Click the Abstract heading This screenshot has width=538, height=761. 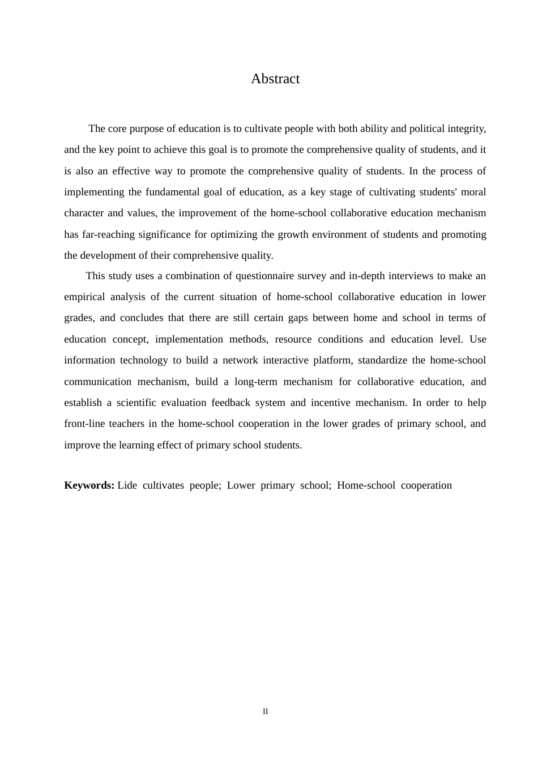pyautogui.click(x=275, y=79)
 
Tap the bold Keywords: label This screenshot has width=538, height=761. pyautogui.click(x=89, y=485)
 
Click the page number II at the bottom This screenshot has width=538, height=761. pyautogui.click(x=265, y=712)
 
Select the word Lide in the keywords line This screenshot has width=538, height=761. pyautogui.click(x=127, y=485)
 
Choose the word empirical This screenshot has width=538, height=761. pyautogui.click(x=84, y=297)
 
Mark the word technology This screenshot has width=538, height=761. pyautogui.click(x=144, y=360)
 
